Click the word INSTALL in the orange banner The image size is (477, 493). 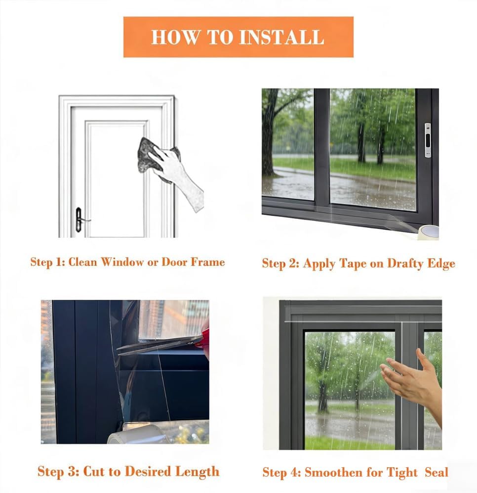point(281,37)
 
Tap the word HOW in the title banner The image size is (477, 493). point(175,37)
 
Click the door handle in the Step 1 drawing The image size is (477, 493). point(80,220)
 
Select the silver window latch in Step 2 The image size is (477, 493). point(428,140)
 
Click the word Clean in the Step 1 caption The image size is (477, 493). point(82,262)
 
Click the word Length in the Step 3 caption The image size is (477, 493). point(197,472)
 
